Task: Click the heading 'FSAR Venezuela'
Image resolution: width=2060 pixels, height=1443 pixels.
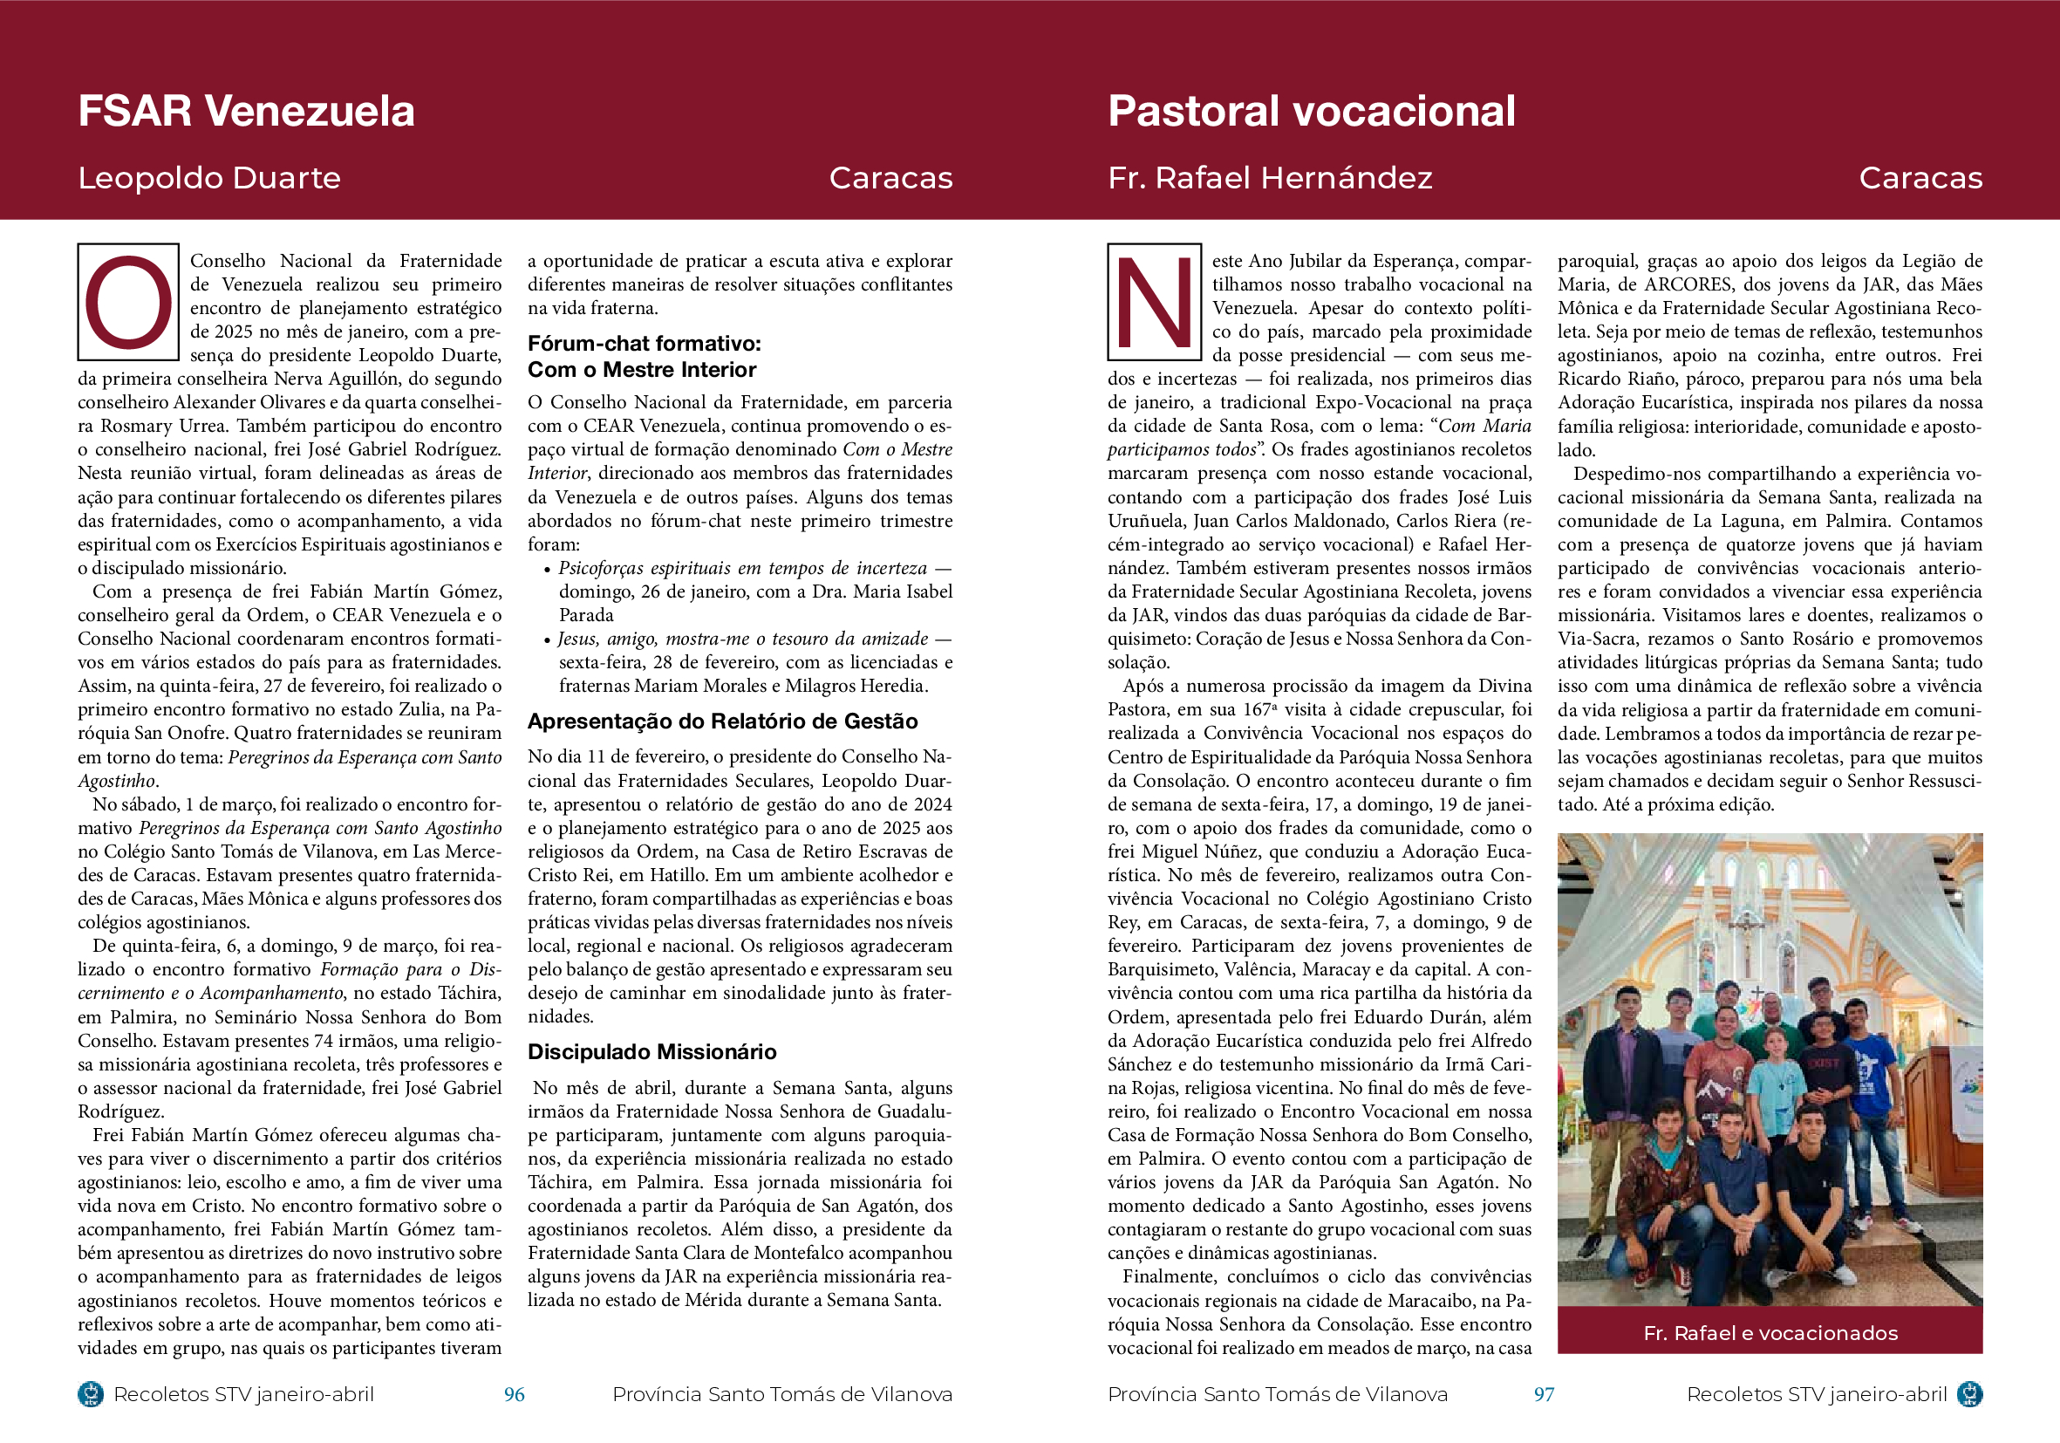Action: click(x=246, y=112)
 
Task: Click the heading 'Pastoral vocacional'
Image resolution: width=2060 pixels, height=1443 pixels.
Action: click(x=1311, y=112)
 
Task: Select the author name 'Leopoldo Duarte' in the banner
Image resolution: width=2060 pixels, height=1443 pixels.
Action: click(x=209, y=178)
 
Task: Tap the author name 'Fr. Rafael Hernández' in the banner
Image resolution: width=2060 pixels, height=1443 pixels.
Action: click(x=1270, y=178)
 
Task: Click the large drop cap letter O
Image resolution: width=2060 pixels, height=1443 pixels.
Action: click(x=128, y=302)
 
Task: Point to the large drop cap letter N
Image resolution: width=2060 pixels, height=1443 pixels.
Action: click(x=1154, y=302)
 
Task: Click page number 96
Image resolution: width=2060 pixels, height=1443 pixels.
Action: click(x=514, y=1393)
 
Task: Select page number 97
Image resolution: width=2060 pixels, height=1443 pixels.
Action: click(x=1543, y=1393)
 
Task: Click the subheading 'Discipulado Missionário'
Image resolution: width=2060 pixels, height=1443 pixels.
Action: click(x=651, y=1052)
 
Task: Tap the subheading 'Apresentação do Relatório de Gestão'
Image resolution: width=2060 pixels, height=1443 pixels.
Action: click(x=722, y=721)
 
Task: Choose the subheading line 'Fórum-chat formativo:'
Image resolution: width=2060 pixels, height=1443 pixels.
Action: click(x=645, y=344)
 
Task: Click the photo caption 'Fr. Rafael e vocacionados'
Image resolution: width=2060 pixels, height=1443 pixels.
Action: click(x=1770, y=1332)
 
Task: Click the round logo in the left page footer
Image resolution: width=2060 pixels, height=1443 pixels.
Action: click(x=91, y=1393)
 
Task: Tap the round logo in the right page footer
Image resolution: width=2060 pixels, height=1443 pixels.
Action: click(x=1969, y=1393)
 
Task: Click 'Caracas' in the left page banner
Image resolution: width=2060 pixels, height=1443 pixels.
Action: click(x=890, y=178)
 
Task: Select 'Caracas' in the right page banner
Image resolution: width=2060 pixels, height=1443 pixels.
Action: click(x=1920, y=178)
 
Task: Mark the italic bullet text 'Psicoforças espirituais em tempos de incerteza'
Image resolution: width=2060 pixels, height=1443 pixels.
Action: click(x=742, y=568)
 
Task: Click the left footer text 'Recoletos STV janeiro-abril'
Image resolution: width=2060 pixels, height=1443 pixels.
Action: click(x=243, y=1393)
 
